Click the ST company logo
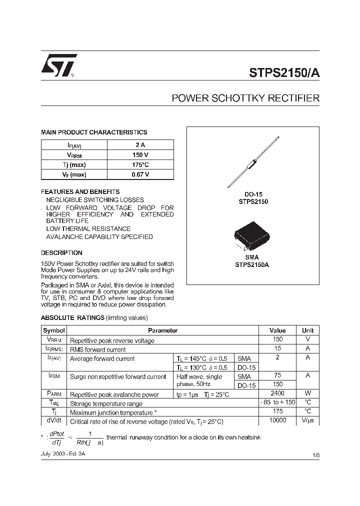coord(58,65)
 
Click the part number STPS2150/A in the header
coord(284,71)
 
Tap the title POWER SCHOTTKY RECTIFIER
coord(245,98)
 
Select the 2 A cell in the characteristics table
coord(140,145)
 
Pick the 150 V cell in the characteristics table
coord(140,155)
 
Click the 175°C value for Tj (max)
coord(140,164)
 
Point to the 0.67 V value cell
coord(140,174)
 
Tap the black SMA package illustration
coord(252,237)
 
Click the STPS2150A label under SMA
coord(252,265)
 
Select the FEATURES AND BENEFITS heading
coord(80,191)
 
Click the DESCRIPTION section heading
coord(61,253)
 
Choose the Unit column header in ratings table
coord(307,330)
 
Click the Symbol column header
coord(54,330)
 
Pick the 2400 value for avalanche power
coord(277,394)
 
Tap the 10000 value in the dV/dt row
coord(277,420)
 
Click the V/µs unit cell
coord(307,421)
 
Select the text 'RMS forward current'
coord(98,349)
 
